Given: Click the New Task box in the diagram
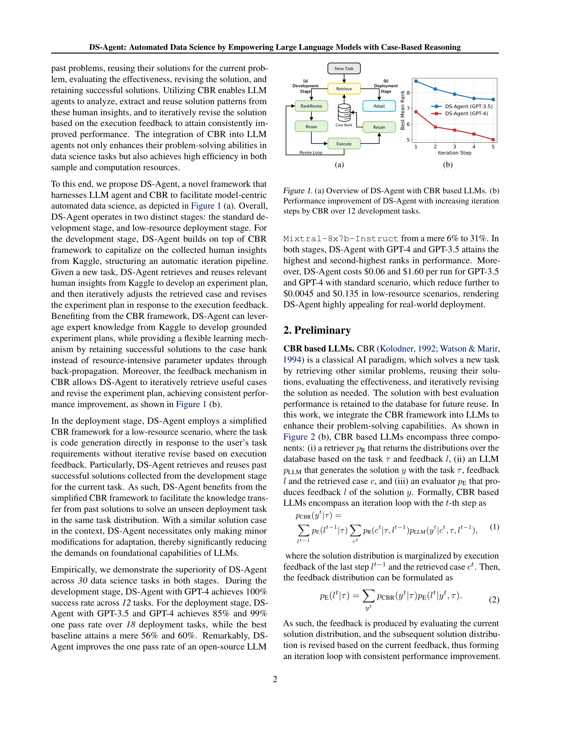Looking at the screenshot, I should [344, 69].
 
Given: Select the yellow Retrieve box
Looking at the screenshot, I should [344, 89].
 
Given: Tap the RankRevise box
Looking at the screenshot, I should [311, 106].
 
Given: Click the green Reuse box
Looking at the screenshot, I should [311, 127].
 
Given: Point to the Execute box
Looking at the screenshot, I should [344, 144].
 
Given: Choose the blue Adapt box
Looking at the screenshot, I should [379, 106].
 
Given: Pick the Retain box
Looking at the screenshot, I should [379, 127].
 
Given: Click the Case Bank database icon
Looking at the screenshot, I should [344, 113].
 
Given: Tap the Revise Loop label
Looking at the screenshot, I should [311, 153].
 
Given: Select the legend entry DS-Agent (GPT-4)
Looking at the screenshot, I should [466, 114].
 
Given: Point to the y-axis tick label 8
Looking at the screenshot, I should [408, 93].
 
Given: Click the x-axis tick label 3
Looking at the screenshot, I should [454, 147].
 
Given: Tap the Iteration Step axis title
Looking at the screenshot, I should [454, 153].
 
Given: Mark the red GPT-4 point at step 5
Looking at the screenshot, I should [493, 139].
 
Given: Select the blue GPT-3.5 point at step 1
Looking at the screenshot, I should [416, 81].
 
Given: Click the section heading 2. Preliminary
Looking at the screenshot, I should [317, 330].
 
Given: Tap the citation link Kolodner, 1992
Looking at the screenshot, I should [407, 349].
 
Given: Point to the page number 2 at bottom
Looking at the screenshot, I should [275, 679].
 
